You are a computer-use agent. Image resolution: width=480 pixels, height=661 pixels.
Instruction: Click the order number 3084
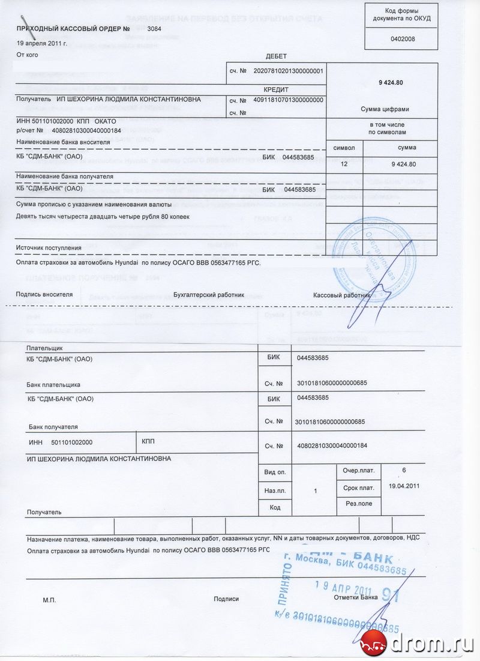pyautogui.click(x=154, y=29)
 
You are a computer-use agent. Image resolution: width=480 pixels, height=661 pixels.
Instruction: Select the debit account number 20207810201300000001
pyautogui.click(x=289, y=71)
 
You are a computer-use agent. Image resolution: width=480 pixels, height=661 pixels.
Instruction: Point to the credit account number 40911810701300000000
pyautogui.click(x=289, y=100)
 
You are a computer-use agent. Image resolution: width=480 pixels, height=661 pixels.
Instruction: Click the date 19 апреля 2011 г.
pyautogui.click(x=41, y=43)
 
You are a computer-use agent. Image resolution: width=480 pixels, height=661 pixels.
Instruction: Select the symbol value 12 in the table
pyautogui.click(x=344, y=163)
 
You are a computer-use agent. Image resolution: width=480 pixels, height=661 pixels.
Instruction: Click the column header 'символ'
pyautogui.click(x=345, y=147)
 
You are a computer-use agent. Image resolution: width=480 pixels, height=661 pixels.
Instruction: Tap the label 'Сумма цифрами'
pyautogui.click(x=386, y=109)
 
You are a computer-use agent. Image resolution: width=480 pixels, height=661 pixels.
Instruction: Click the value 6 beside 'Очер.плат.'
pyautogui.click(x=406, y=468)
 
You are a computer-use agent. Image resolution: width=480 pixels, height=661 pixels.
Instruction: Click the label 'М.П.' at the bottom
pyautogui.click(x=49, y=599)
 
